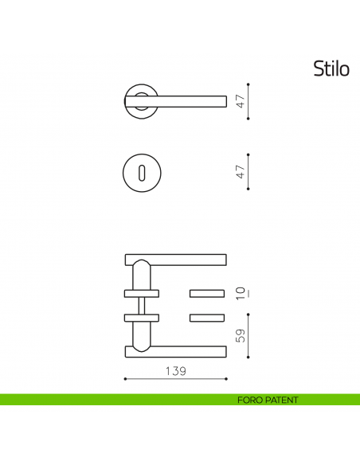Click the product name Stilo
click(331, 68)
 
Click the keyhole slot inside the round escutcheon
click(141, 171)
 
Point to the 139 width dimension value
click(176, 371)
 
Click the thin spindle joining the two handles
click(141, 305)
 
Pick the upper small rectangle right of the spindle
click(207, 292)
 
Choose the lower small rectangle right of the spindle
click(207, 318)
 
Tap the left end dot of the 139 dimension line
click(126, 378)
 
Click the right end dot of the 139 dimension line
click(227, 378)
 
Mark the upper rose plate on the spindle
click(141, 292)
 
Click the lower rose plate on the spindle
click(141, 318)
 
